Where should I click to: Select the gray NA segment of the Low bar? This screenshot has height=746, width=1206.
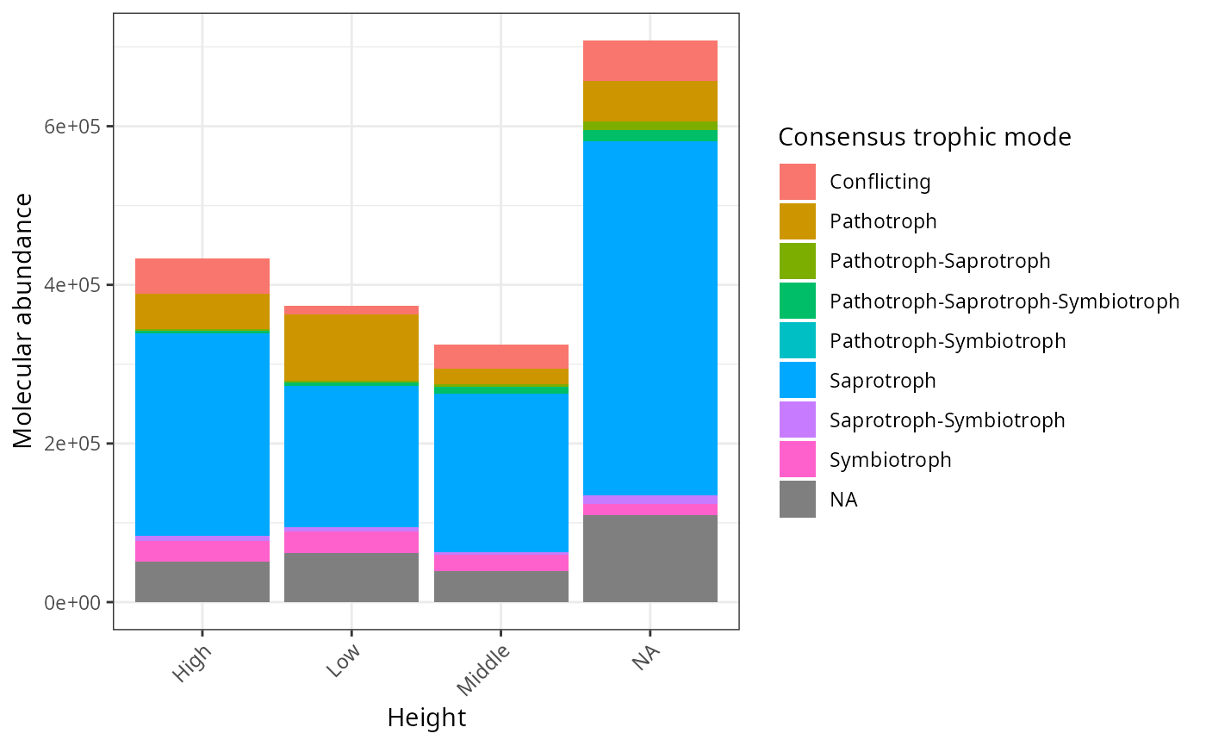coord(351,577)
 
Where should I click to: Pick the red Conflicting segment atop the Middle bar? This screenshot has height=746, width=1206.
coord(500,357)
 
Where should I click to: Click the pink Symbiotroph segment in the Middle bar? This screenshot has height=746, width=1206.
coord(500,562)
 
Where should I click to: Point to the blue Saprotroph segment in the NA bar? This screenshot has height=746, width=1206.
coord(650,318)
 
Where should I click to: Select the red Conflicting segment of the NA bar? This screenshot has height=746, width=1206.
coord(650,60)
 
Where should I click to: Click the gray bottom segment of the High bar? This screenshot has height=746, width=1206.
coord(202,581)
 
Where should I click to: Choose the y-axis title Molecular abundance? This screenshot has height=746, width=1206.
coord(24,321)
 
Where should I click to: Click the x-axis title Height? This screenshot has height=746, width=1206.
coord(426,718)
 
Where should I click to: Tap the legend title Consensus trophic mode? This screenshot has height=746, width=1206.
coord(924,137)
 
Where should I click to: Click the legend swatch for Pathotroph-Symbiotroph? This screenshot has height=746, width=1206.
coord(798,341)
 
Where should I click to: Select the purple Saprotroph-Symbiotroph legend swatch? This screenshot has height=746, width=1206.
coord(798,420)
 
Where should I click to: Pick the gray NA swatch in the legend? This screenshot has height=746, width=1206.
coord(798,500)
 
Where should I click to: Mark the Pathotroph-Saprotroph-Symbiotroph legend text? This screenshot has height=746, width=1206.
coord(1004,302)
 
